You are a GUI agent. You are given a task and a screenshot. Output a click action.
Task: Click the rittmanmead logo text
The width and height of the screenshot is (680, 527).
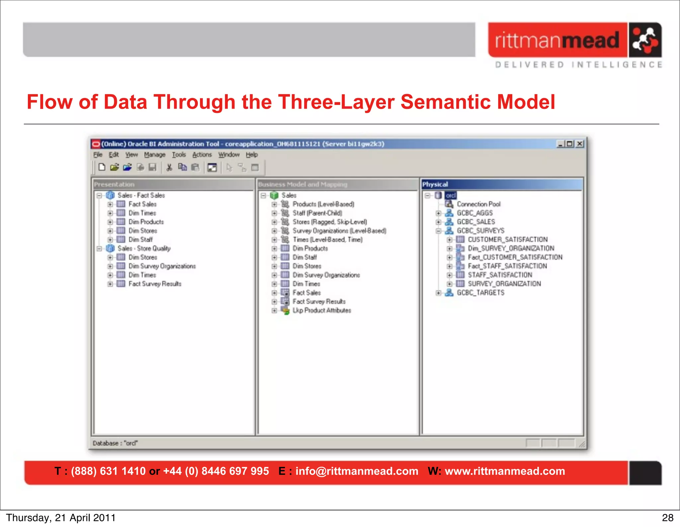(557, 41)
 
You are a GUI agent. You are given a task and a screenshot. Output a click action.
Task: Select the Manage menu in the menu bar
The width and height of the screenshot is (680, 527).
(154, 155)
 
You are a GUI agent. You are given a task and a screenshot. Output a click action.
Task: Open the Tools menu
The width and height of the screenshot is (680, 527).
(179, 155)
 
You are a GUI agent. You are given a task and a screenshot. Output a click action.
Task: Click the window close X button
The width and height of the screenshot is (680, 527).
(580, 144)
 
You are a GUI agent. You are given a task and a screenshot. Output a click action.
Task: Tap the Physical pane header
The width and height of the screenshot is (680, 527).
(501, 184)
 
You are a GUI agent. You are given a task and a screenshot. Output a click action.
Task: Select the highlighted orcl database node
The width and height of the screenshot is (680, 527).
(451, 195)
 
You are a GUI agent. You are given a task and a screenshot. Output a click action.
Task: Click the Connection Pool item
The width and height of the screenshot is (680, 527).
(478, 204)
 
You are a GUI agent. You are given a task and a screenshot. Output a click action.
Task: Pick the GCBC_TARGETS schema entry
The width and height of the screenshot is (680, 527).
(480, 293)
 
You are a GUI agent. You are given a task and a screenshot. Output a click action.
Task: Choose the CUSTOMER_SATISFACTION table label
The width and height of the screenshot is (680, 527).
(508, 239)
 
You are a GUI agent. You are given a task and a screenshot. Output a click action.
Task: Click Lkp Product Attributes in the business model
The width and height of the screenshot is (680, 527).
(321, 310)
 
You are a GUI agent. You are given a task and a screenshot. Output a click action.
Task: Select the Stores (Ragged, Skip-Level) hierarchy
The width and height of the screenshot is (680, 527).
(329, 222)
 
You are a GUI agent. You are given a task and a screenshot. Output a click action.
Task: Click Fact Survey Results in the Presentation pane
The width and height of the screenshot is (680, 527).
(155, 284)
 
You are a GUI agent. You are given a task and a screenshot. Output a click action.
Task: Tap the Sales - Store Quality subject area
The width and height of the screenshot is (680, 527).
(144, 248)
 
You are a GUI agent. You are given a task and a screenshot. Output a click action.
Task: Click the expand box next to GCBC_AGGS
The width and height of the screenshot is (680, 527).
(438, 213)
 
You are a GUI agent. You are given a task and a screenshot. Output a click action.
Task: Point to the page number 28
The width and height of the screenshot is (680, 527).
(667, 518)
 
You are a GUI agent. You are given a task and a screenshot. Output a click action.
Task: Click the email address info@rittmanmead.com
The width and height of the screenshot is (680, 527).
(357, 471)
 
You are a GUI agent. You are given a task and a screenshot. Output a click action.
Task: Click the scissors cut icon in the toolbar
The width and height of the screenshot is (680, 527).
(169, 167)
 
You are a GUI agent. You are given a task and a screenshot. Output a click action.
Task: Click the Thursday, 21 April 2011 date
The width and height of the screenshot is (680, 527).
(61, 518)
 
